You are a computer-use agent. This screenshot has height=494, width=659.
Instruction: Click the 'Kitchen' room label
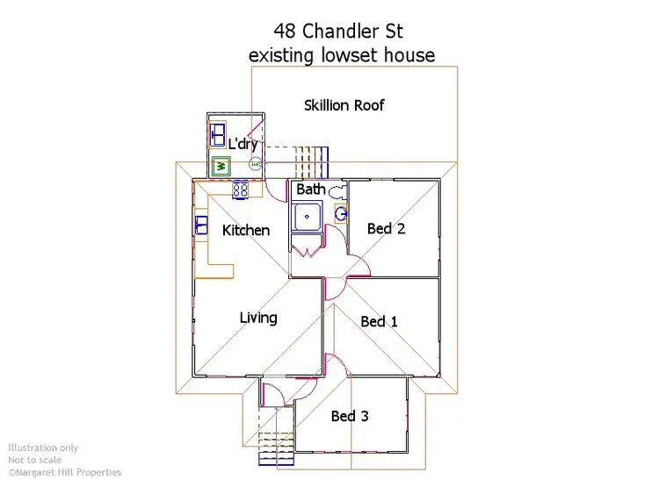coord(246,230)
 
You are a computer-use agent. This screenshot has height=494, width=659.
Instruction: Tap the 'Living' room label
coord(258,318)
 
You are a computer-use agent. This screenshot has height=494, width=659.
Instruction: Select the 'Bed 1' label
coord(379,321)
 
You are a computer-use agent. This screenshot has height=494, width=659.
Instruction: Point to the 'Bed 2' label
coord(386,228)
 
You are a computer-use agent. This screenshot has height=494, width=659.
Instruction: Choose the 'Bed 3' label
coord(350,416)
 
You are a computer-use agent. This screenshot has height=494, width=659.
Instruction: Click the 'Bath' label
coord(311,190)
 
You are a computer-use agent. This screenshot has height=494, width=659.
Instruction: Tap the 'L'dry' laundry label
coord(243,144)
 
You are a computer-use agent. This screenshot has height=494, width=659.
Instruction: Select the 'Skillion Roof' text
coord(344,105)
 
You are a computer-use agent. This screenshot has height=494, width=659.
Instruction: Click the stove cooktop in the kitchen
coord(241,189)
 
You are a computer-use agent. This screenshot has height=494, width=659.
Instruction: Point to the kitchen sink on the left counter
coord(201,225)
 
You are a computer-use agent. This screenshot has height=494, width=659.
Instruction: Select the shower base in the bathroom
coord(307,216)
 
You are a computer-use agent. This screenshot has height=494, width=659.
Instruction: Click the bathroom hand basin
coord(341,212)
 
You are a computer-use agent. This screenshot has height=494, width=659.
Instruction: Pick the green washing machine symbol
coord(221,166)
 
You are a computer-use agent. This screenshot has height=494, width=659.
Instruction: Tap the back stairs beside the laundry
coord(308,161)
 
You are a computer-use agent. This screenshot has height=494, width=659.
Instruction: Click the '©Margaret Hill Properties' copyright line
coord(65,472)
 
